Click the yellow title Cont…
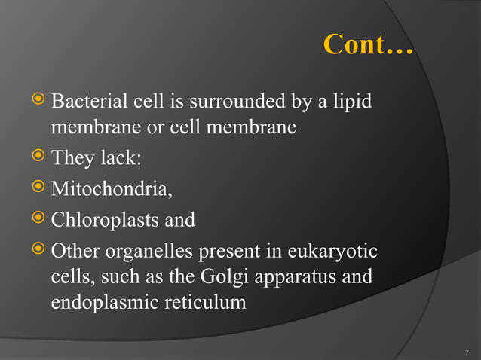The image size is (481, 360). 368,44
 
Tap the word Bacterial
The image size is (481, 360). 87,100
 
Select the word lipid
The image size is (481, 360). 351,100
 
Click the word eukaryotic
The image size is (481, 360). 337,250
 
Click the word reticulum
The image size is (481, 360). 205,304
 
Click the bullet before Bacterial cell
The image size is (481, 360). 40,99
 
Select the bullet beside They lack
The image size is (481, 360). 40,158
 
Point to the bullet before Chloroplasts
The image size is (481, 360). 40,219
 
